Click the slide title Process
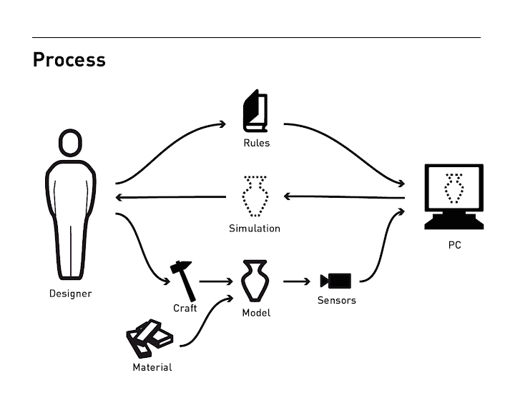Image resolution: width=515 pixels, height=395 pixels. click(69, 59)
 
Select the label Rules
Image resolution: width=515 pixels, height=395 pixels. click(255, 143)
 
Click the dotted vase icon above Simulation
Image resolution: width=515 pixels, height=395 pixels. click(255, 196)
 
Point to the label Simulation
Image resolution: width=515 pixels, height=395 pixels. click(255, 229)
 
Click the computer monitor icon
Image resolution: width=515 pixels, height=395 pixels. click(453, 195)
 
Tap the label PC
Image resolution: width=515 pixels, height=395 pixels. click(454, 246)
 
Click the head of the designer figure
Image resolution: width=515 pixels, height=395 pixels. click(70, 144)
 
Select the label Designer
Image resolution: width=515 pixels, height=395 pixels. click(70, 294)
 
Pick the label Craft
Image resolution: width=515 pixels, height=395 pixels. click(185, 309)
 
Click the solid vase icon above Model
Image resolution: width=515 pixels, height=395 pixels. click(255, 281)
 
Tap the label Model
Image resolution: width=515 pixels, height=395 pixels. click(255, 313)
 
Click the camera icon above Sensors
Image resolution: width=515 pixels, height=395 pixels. click(336, 281)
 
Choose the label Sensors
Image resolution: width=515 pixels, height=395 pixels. click(336, 301)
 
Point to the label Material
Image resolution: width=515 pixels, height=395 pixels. click(152, 368)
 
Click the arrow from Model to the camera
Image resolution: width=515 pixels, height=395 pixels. click(297, 281)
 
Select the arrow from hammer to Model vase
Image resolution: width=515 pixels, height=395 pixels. click(215, 281)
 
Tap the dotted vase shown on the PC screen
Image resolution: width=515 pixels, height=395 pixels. click(453, 189)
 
